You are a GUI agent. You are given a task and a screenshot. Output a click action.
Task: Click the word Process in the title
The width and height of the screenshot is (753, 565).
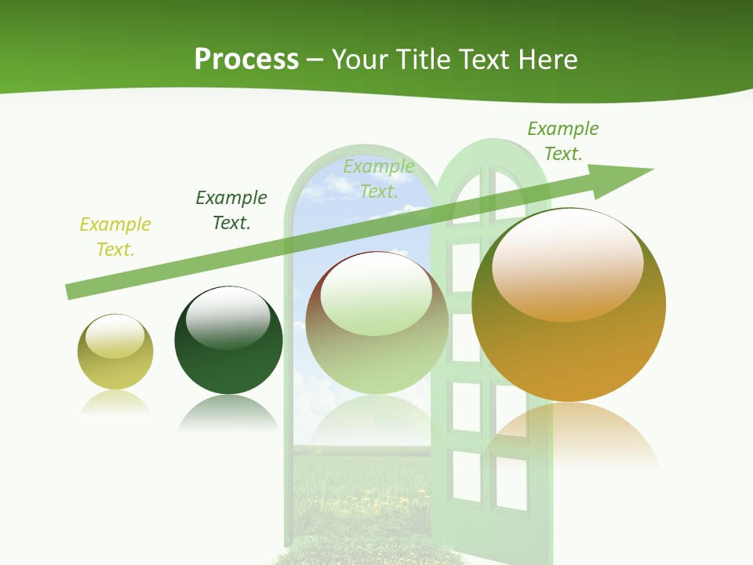(246, 60)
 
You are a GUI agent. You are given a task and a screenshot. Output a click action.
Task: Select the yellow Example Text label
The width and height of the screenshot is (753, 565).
(115, 237)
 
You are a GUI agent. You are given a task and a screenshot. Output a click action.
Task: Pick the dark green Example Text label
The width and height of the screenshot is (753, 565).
(231, 210)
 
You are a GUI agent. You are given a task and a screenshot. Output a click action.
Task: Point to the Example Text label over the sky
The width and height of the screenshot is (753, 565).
(379, 178)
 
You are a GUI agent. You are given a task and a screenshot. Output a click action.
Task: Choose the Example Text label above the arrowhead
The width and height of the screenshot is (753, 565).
(563, 141)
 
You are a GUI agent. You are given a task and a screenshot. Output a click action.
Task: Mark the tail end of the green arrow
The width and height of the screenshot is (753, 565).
(69, 292)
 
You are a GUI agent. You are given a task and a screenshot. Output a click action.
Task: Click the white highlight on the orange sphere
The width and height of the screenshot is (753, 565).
(567, 263)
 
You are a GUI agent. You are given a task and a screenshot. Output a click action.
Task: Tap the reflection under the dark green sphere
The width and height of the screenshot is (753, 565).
(228, 412)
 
